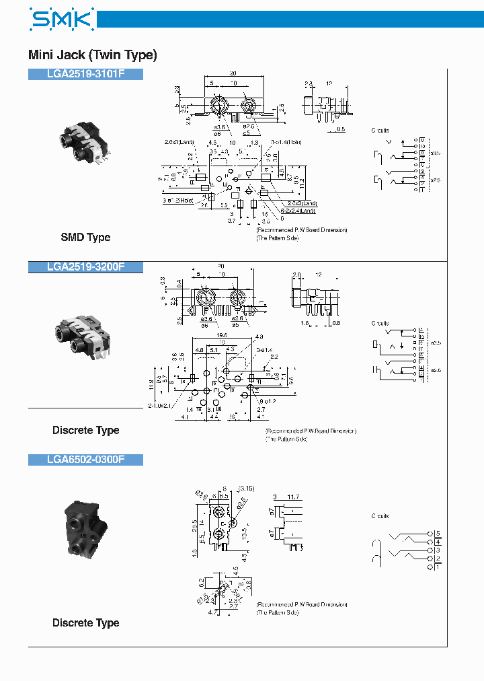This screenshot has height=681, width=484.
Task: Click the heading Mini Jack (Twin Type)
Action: (x=92, y=55)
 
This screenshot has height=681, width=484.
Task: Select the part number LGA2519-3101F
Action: (x=85, y=75)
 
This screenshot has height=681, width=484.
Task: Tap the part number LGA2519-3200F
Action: (x=85, y=266)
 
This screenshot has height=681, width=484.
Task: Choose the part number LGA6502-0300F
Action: (x=85, y=460)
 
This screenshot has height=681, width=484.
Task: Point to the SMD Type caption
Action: (x=85, y=237)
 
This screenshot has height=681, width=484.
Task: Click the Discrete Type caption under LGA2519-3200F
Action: (x=85, y=430)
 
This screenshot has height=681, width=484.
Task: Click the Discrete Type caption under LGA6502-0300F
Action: (x=85, y=622)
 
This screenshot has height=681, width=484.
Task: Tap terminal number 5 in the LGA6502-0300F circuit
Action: (x=438, y=533)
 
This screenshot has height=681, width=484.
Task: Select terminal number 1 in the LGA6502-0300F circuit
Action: (x=438, y=567)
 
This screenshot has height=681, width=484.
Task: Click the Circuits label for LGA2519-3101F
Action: (x=380, y=131)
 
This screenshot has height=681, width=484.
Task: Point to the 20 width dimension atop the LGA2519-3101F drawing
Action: (x=233, y=73)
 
